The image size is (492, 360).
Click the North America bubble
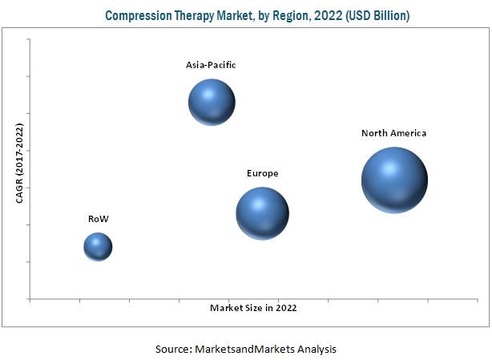pyautogui.click(x=393, y=180)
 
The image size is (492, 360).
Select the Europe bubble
pyautogui.click(x=262, y=213)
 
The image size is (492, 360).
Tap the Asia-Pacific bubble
pyautogui.click(x=212, y=102)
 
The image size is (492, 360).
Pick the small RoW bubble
pyautogui.click(x=98, y=246)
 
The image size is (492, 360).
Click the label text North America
pyautogui.click(x=393, y=133)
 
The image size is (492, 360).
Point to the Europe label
pyautogui.click(x=263, y=173)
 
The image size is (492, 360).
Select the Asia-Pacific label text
pyautogui.click(x=212, y=64)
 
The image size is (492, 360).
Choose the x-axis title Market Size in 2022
pyautogui.click(x=258, y=307)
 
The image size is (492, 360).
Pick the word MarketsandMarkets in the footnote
pyautogui.click(x=244, y=349)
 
